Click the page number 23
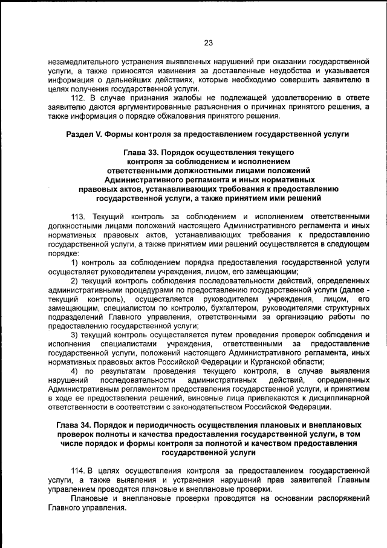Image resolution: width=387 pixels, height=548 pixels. click(209, 43)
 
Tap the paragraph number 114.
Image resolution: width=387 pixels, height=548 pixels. click(78, 470)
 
